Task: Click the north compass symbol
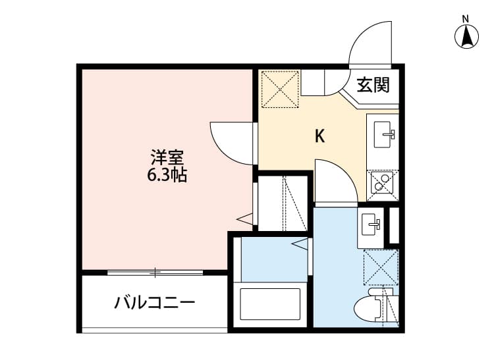click(466, 36)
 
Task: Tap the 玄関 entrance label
click(373, 85)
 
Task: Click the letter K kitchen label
click(319, 136)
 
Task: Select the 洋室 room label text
click(167, 157)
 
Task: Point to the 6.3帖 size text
click(167, 175)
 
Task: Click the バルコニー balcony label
click(155, 303)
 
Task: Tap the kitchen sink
click(383, 135)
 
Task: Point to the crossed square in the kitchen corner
click(280, 88)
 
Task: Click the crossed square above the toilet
click(381, 268)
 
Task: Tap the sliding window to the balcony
click(155, 272)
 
